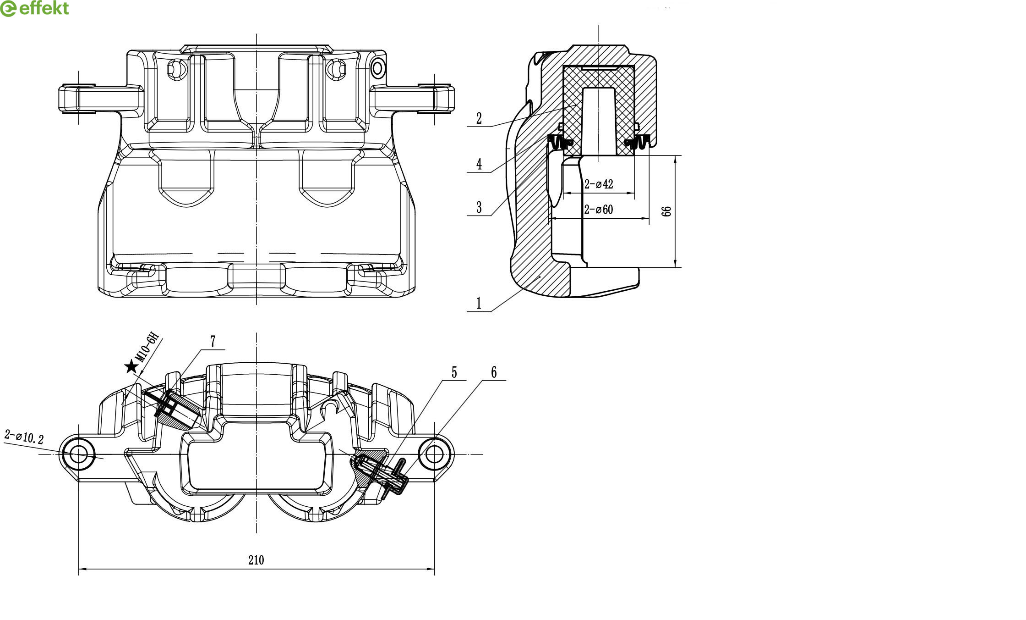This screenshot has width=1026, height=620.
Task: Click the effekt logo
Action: [34, 8]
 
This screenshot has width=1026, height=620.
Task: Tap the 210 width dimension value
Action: [256, 560]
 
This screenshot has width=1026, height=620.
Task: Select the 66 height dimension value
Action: [667, 211]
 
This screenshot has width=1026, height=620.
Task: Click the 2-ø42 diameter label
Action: [598, 184]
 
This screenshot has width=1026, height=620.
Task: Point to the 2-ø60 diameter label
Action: [598, 210]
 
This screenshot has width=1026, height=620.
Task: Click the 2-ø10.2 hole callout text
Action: [24, 437]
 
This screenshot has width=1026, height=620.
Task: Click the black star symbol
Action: [131, 366]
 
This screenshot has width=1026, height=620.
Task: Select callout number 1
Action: [479, 304]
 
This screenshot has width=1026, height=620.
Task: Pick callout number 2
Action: [479, 118]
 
